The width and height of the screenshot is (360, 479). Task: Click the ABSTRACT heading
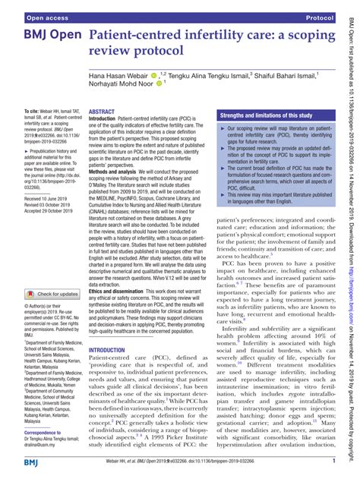103,111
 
